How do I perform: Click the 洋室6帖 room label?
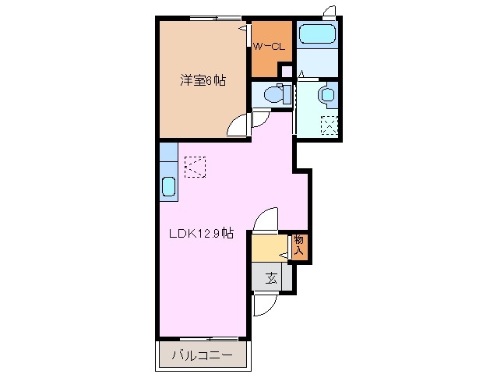pos(203,80)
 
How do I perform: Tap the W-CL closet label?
pos(270,47)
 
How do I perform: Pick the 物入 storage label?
pos(299,246)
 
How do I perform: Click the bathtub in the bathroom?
pos(317,34)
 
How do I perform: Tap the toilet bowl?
pos(273,96)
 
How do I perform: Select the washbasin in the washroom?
pos(326,95)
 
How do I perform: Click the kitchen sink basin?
pos(168,187)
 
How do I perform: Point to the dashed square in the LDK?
pos(194,166)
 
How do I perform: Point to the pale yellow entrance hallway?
pos(269,249)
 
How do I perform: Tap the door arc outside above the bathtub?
pos(330,12)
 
